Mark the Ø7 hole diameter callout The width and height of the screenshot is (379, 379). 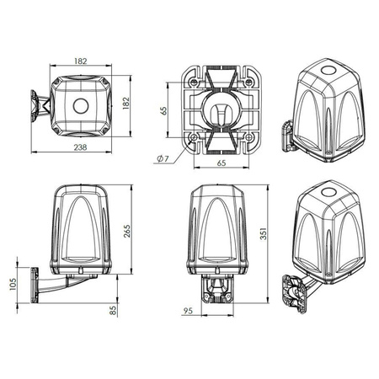click(162, 157)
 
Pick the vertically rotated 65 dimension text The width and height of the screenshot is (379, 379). click(165, 110)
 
